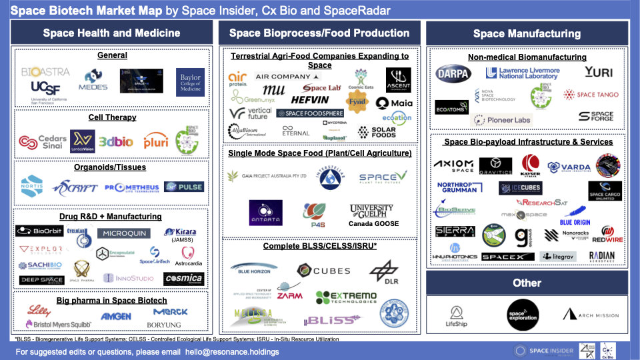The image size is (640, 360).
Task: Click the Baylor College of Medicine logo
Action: click(190, 82)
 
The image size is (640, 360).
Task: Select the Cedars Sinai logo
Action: click(43, 142)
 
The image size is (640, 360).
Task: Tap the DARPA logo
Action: click(453, 73)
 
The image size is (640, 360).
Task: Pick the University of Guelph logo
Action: click(371, 211)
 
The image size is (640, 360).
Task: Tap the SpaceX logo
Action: click(508, 257)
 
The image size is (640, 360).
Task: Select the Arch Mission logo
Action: click(589, 315)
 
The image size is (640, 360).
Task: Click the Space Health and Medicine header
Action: click(111, 33)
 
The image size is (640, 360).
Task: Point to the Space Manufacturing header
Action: click(527, 33)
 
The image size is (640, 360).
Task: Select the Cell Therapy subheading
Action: click(112, 117)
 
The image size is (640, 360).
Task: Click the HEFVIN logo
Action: click(310, 100)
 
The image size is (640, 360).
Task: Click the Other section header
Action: click(527, 283)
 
